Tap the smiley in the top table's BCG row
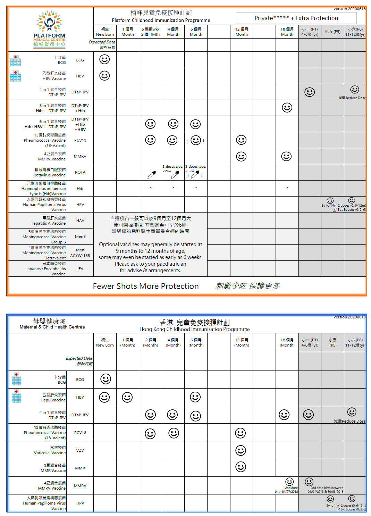104,59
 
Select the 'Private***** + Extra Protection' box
296,18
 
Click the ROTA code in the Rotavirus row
80,172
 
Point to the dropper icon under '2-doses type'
175,175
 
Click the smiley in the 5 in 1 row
287,108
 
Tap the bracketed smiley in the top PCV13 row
196,140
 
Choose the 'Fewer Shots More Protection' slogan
146,286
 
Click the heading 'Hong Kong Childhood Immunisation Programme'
194,329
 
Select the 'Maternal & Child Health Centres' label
52,327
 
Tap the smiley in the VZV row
241,450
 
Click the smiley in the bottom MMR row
241,467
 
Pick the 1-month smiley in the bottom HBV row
127,397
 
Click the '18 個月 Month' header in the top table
287,32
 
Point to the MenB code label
80,236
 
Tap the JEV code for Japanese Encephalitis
80,269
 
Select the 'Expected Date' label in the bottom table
79,358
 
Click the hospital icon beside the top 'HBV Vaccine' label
16,76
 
